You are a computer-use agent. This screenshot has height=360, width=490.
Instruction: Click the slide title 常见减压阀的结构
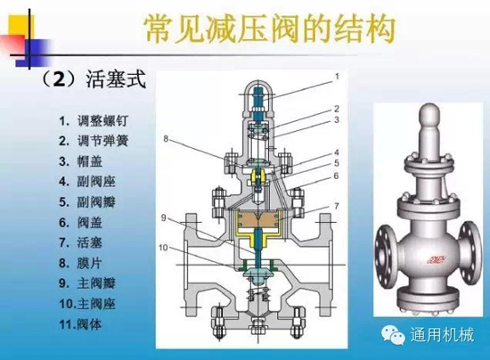[x=269, y=29]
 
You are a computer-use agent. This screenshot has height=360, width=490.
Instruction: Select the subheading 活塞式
[x=116, y=79]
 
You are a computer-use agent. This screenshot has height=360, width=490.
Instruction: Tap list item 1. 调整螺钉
[x=94, y=121]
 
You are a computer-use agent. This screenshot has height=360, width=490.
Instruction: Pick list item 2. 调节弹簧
[x=94, y=141]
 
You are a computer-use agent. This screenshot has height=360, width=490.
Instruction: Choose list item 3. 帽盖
[x=80, y=161]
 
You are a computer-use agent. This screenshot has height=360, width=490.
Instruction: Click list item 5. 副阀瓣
[x=87, y=202]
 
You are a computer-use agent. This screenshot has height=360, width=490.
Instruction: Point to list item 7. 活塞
[x=80, y=242]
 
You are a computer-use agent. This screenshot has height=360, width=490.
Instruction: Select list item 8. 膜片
[x=80, y=263]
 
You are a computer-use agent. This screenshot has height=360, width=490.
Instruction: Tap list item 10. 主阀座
[x=87, y=304]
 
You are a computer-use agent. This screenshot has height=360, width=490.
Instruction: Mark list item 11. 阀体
[x=80, y=324]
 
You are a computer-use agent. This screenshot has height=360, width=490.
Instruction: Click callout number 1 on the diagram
[x=337, y=77]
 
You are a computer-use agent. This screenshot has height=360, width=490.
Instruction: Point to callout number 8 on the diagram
[x=166, y=138]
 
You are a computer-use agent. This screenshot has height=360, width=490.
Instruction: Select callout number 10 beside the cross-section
[x=163, y=248]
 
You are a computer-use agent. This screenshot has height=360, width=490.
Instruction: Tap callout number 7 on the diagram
[x=337, y=206]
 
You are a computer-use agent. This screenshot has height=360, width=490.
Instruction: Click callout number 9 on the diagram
[x=163, y=217]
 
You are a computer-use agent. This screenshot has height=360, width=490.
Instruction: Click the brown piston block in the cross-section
[x=257, y=219]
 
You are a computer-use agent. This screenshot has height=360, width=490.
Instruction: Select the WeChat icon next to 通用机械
[x=393, y=334]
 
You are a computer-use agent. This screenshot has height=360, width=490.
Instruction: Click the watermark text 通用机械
[x=442, y=335]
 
